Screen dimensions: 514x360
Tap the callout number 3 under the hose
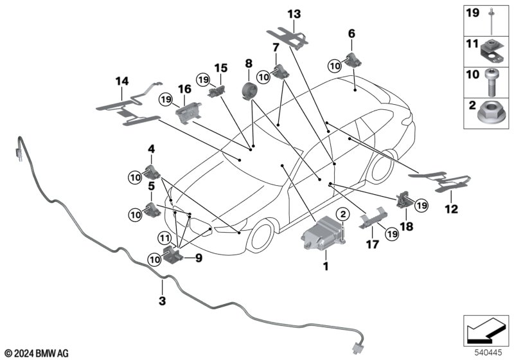click(163, 300)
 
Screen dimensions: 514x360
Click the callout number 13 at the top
click(294, 14)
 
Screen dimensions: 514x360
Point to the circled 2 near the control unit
click(343, 215)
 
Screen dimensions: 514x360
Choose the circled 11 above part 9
click(164, 238)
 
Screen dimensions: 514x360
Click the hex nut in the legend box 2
click(488, 113)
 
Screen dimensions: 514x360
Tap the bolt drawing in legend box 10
click(490, 83)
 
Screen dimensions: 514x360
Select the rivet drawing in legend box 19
click(491, 21)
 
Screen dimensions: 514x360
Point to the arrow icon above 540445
click(486, 330)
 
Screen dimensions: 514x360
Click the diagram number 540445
click(488, 353)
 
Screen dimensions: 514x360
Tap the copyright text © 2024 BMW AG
click(37, 354)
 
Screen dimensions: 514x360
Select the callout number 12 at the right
click(451, 209)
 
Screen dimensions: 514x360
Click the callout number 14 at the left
click(122, 81)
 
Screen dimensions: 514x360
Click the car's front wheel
click(261, 235)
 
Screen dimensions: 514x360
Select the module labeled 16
click(188, 113)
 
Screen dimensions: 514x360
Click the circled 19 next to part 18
click(421, 205)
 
